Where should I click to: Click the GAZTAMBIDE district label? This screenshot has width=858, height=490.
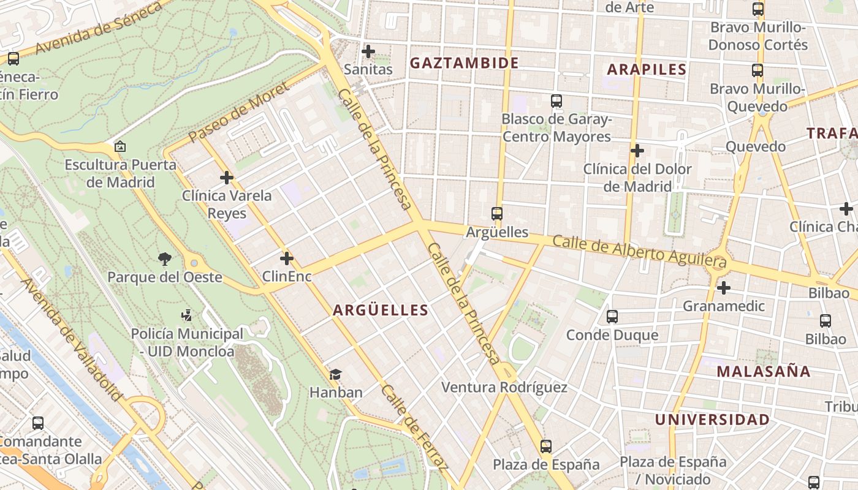(x=464, y=63)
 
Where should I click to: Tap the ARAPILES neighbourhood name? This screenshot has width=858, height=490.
(x=647, y=69)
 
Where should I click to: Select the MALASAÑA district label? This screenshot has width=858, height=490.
(x=763, y=371)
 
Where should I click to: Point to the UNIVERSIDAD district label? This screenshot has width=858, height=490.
(x=712, y=420)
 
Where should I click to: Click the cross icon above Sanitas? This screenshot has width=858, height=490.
(x=368, y=51)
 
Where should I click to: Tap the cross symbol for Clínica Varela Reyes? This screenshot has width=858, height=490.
(x=227, y=178)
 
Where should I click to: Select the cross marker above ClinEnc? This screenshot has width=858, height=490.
(x=286, y=258)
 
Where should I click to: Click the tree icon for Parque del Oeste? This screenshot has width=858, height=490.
(x=164, y=259)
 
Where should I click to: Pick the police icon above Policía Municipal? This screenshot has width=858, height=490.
(x=187, y=315)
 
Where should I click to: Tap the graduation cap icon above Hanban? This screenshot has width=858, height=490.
(x=335, y=374)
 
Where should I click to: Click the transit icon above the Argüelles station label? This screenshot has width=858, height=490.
(x=497, y=214)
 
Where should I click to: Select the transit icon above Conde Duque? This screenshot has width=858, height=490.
(x=612, y=317)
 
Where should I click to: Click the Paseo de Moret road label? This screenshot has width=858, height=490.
(x=238, y=113)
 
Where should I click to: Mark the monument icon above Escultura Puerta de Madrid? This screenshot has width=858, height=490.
(x=120, y=147)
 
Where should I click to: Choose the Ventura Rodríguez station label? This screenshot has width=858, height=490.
(x=504, y=387)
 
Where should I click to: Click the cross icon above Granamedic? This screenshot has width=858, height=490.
(x=724, y=287)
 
